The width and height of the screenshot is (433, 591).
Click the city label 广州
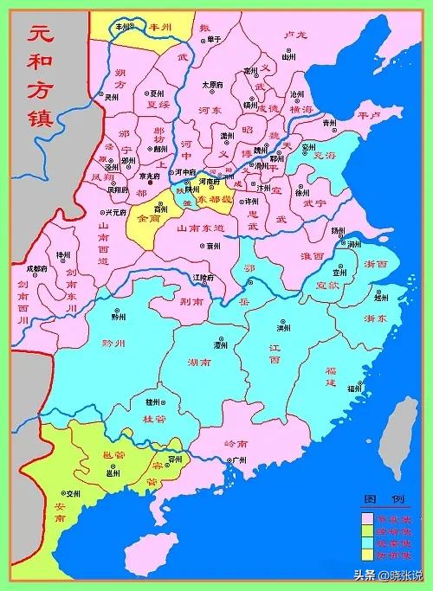tap(229, 461)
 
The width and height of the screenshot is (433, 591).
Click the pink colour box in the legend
tap(367, 518)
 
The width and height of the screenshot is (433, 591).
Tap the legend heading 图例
tap(385, 501)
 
